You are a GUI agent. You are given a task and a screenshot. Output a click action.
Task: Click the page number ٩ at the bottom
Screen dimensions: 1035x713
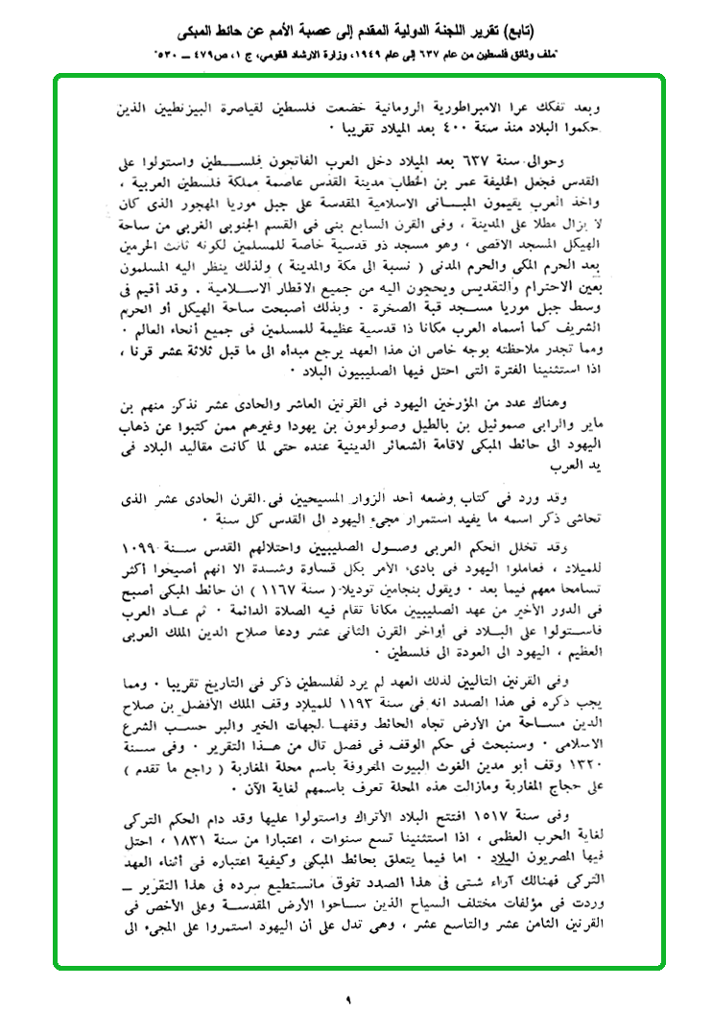[x=348, y=1001]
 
